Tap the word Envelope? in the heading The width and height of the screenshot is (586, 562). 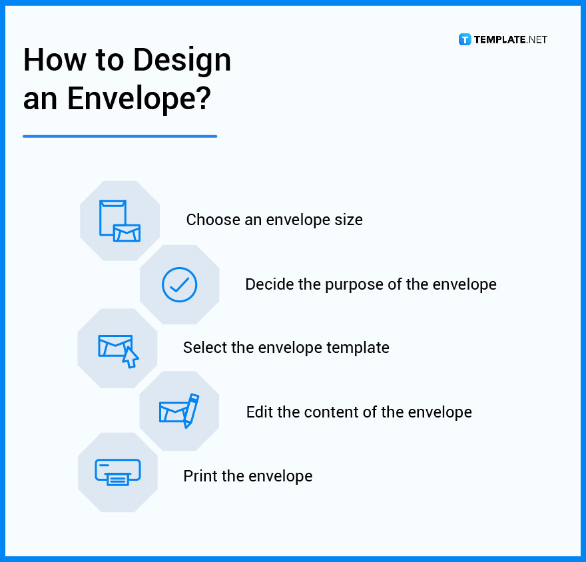(x=139, y=99)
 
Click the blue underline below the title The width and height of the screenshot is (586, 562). (x=120, y=137)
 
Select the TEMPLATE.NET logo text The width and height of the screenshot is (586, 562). (x=511, y=39)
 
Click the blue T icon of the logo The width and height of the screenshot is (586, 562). (x=465, y=39)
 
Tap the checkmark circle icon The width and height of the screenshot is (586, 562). (x=179, y=284)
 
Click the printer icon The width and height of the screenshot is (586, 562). (x=118, y=471)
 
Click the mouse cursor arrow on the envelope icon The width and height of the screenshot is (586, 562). (x=131, y=358)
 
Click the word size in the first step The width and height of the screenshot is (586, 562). (x=348, y=220)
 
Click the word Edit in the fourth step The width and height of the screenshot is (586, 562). (x=259, y=412)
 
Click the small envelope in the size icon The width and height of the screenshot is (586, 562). (x=127, y=232)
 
